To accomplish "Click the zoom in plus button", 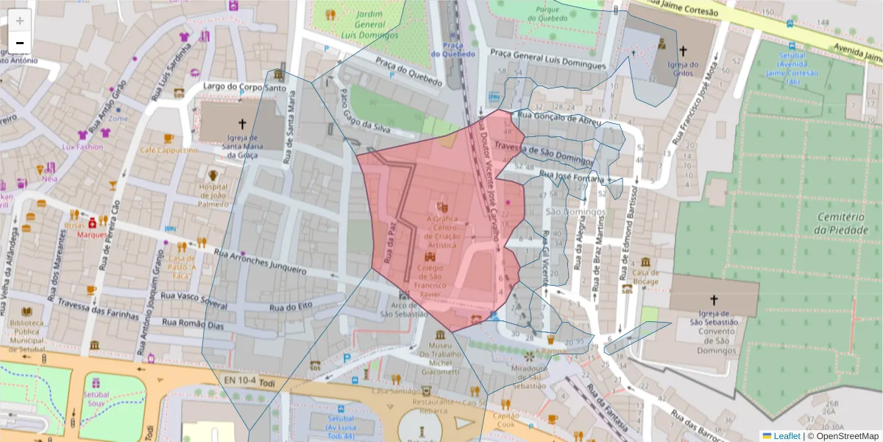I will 20,21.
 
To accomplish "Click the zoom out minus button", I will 20,43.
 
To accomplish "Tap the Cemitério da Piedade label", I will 843,223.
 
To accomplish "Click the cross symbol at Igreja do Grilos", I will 684,51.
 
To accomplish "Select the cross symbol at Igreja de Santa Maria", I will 242,124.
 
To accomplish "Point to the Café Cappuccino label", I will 169,150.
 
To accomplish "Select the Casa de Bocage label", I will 645,276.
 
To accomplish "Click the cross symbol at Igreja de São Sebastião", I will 713,300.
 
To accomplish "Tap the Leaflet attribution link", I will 787,436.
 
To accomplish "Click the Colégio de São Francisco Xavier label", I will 430,281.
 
